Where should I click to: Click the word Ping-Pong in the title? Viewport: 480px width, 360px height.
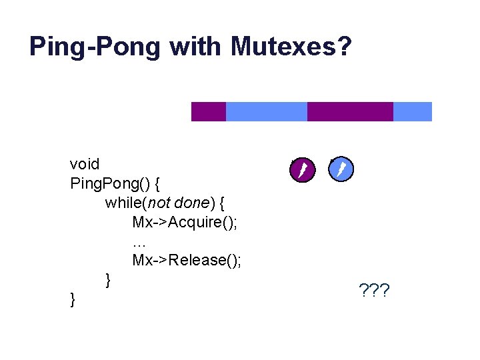[x=95, y=47]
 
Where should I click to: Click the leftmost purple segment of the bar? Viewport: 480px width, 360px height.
[x=209, y=111]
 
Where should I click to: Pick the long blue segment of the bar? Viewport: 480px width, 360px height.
[x=267, y=111]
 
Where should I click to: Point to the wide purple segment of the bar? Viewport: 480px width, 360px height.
[x=350, y=111]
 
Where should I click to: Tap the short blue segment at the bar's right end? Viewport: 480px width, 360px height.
[x=413, y=111]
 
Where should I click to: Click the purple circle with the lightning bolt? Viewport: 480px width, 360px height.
[x=302, y=170]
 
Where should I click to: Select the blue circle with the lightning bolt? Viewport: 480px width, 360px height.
[x=341, y=169]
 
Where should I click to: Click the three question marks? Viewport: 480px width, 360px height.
[x=374, y=291]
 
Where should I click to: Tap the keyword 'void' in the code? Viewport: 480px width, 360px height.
[x=85, y=164]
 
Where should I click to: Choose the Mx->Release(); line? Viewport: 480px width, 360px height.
[x=187, y=260]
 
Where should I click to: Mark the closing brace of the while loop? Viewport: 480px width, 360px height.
[x=107, y=279]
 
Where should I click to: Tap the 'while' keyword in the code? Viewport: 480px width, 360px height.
[x=124, y=202]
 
